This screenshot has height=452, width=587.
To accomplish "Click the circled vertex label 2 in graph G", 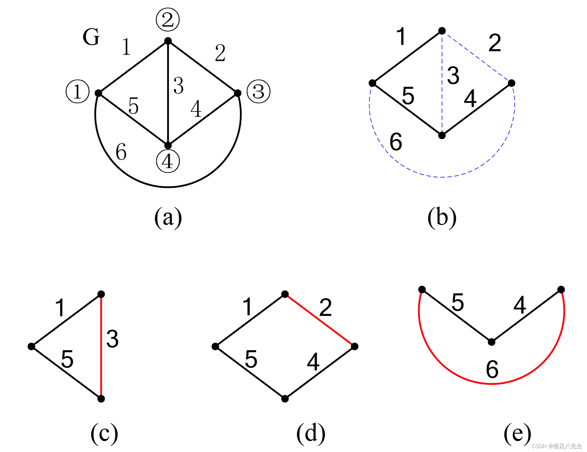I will click(168, 20).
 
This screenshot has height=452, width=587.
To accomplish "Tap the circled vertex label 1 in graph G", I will click(77, 91).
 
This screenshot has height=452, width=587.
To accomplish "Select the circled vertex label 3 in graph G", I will click(258, 91).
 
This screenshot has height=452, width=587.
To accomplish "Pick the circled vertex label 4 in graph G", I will click(168, 161).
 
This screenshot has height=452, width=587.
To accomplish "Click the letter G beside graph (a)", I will click(91, 37).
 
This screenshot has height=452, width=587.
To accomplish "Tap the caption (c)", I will click(104, 433).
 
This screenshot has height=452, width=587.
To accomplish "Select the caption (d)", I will click(311, 433).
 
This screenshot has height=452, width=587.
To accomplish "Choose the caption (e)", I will click(517, 433).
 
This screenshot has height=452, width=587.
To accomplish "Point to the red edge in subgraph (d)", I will click(320, 320).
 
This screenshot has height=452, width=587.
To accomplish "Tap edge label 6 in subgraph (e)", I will click(492, 369).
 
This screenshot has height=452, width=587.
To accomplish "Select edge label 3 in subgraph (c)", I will click(112, 339).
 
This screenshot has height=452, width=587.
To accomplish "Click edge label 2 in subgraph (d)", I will click(326, 308).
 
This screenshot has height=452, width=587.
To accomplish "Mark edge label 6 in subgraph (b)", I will click(396, 142).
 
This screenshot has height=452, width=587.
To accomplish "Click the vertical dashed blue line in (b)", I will click(442, 89).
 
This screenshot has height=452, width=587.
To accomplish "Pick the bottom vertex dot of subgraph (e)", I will click(491, 342).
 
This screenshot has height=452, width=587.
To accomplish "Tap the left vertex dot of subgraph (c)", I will click(31, 346).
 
